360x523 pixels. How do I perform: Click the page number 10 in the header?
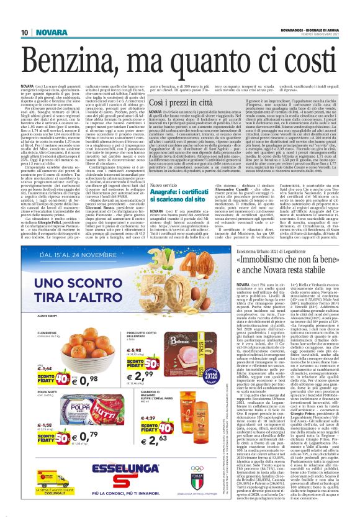[24, 33]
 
